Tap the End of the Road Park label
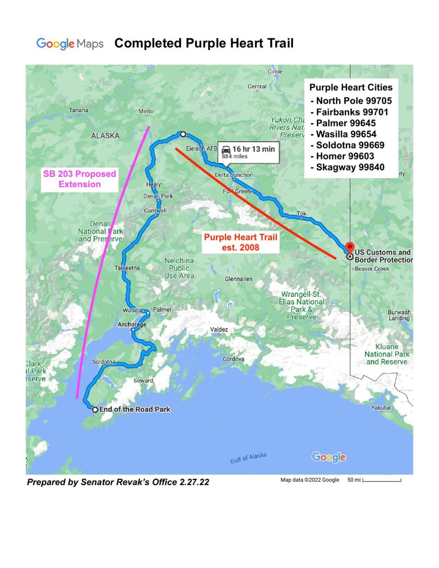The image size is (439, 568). [x=135, y=409]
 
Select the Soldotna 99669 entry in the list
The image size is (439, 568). [x=350, y=145]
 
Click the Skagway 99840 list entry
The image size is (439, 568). [x=350, y=167]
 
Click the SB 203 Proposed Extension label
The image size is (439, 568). [x=80, y=179]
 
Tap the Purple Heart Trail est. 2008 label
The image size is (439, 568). [x=240, y=242]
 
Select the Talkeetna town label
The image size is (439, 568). [x=127, y=268]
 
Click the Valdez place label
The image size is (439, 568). [x=219, y=329]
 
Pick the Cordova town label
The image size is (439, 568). [x=233, y=359]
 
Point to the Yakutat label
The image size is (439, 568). [x=381, y=408]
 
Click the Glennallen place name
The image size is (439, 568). [x=239, y=279]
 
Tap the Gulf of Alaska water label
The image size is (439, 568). [x=248, y=458]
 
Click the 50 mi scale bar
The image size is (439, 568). [x=381, y=480]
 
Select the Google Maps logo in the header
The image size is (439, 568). [x=70, y=44]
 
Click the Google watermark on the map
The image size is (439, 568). [x=329, y=457]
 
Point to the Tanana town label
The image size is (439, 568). [x=79, y=110]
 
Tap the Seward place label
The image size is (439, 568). [x=143, y=380]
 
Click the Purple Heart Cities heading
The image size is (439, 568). [x=351, y=87]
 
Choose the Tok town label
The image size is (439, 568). [x=301, y=213]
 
